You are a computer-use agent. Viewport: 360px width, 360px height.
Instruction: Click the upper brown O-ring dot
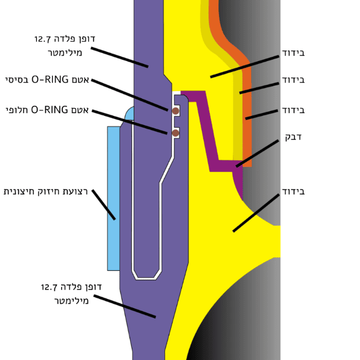(176, 111)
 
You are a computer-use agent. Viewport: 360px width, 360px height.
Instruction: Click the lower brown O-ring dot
(176, 133)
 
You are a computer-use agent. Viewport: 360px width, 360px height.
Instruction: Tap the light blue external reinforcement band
(113, 197)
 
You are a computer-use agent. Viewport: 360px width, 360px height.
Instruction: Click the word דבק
(293, 137)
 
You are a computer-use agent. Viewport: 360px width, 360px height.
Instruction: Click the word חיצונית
(20, 192)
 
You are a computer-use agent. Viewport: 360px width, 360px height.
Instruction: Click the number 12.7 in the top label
(43, 39)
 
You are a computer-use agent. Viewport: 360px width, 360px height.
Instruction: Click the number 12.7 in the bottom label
(50, 287)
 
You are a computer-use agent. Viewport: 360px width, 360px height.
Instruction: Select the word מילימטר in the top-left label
(65, 53)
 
